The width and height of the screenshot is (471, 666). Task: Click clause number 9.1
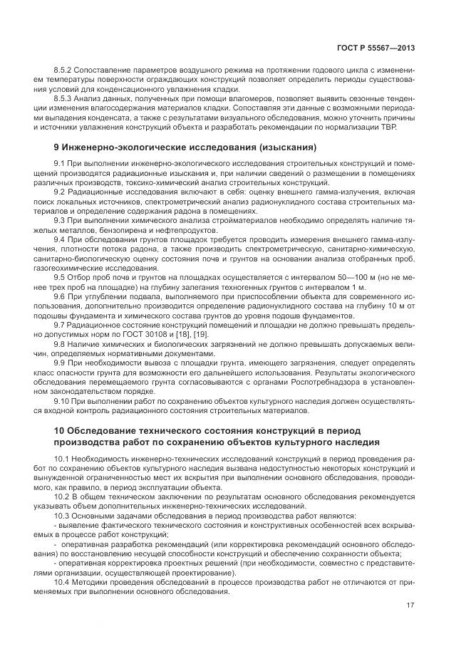pyautogui.click(x=60, y=165)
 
